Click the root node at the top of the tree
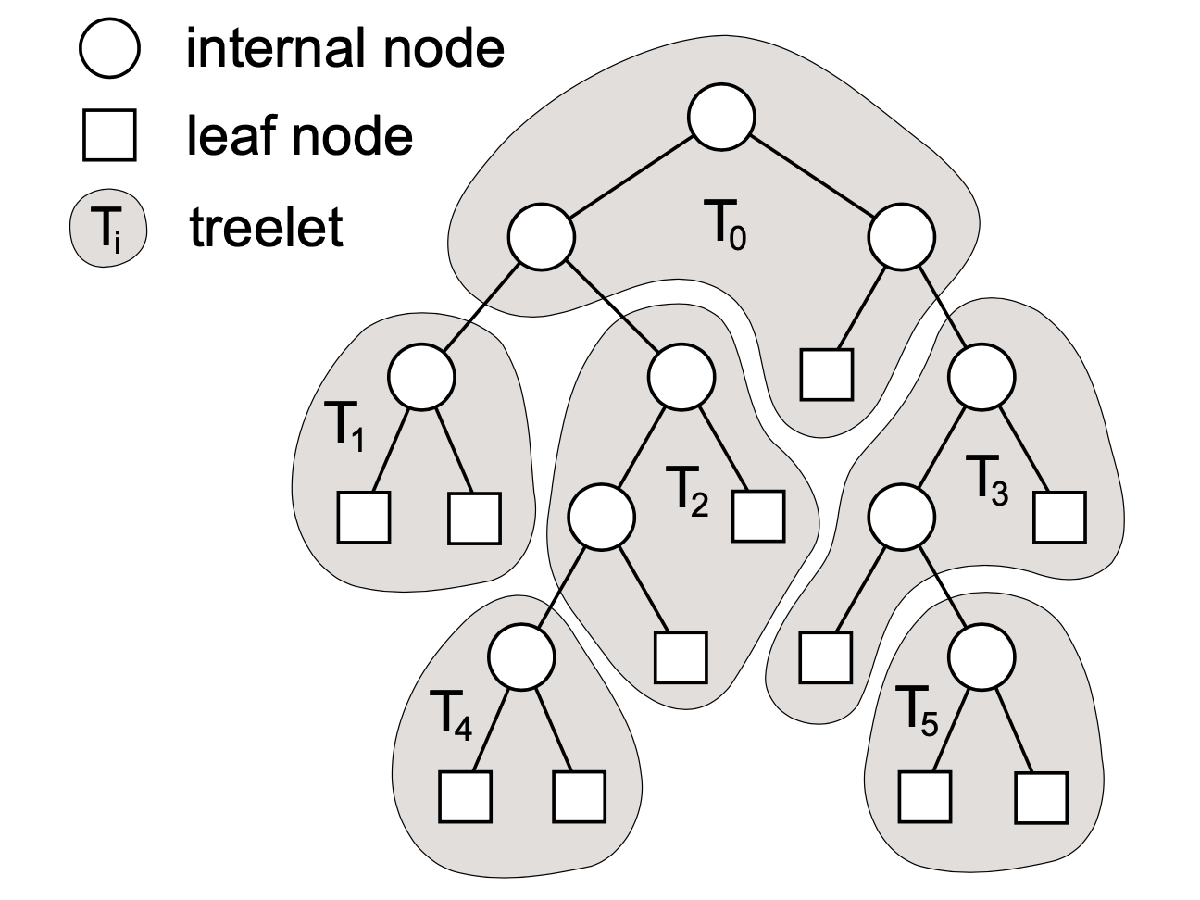point(721,119)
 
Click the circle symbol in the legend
point(109,49)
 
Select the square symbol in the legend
point(109,136)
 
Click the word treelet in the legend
point(267,228)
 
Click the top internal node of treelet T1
point(421,376)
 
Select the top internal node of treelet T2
point(681,376)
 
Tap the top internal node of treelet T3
point(981,376)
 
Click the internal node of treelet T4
point(521,656)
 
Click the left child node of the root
point(541,235)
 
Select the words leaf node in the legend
point(299,137)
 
